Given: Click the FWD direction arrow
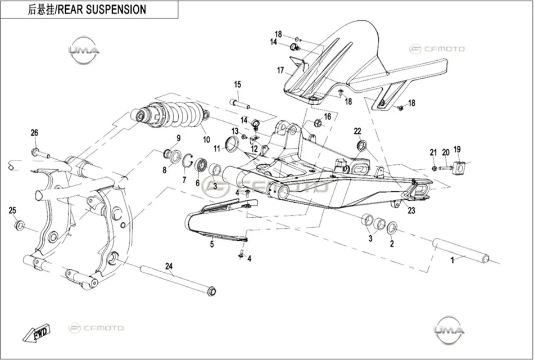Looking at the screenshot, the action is (37, 333).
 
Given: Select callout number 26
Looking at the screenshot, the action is (34, 133).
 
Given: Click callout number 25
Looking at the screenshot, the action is (12, 211).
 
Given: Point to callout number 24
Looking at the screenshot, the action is (169, 266).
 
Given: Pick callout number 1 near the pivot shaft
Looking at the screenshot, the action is (452, 261).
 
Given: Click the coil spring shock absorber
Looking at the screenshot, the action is (172, 115).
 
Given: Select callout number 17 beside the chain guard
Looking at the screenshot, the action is (280, 70).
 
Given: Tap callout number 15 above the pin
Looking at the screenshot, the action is (237, 84).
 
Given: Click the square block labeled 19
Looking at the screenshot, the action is (459, 168).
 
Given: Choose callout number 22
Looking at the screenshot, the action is (357, 131).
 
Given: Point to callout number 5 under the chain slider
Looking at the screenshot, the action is (212, 245).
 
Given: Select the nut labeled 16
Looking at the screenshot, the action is (318, 123).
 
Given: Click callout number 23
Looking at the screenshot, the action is (411, 211).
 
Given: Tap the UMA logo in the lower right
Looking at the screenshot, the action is (449, 330).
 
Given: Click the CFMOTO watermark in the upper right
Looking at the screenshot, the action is (437, 49).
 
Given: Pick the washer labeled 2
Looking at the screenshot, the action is (392, 228).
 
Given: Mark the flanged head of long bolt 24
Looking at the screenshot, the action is (212, 291).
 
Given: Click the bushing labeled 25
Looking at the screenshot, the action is (20, 226).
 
